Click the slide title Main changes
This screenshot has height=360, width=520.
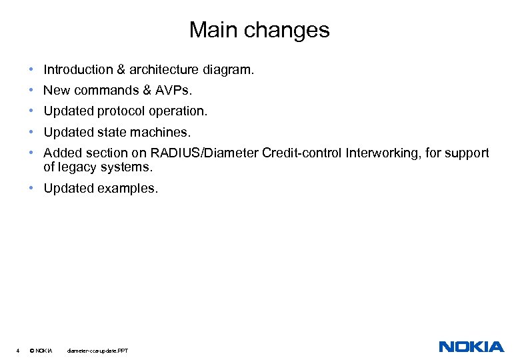coord(259,30)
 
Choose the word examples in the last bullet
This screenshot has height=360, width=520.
coord(127,189)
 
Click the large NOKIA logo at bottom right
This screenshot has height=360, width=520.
coord(471,347)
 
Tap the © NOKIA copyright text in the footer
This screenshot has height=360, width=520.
coord(41,350)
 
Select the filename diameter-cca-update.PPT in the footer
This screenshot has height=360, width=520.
coord(97,350)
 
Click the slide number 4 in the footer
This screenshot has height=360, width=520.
coord(17,350)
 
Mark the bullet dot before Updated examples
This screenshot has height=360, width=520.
coord(31,189)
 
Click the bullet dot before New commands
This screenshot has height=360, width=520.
coord(31,90)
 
